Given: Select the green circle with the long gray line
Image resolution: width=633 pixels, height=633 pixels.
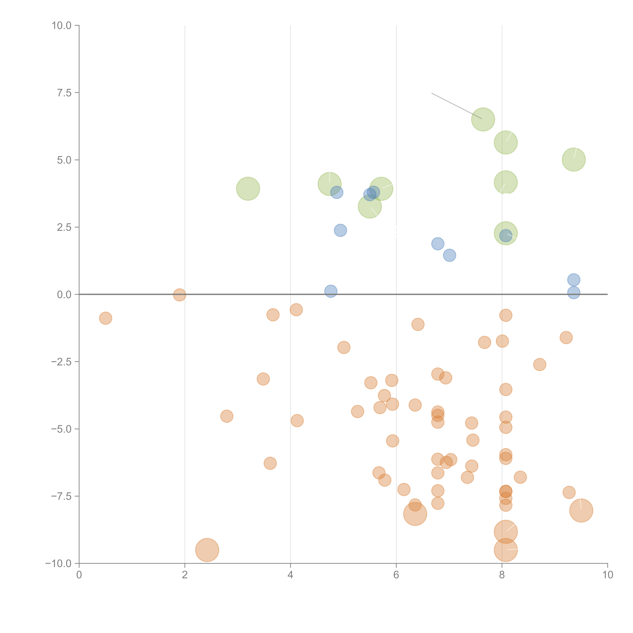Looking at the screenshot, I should click(483, 119).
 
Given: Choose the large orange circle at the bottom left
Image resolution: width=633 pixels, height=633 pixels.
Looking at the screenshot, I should click(207, 550).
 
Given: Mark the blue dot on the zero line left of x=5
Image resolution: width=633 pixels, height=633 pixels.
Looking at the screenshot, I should click(331, 291).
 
